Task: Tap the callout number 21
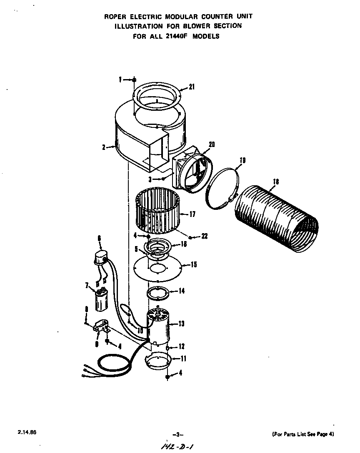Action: [x=191, y=87]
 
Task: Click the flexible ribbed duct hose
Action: [x=275, y=217]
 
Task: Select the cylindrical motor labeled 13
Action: [x=160, y=329]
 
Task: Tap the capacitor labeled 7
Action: [x=101, y=299]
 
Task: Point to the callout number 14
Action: [x=181, y=291]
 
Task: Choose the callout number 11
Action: [x=183, y=358]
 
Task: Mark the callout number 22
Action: [x=204, y=236]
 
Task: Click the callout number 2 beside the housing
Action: [x=102, y=147]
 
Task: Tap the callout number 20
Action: [x=211, y=144]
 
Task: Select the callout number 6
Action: [x=99, y=238]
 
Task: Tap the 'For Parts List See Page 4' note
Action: [x=303, y=434]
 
